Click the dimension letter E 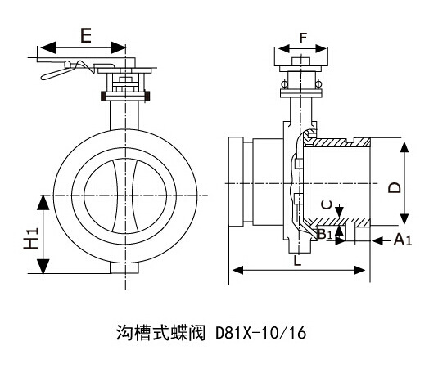point(84,34)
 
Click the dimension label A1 point(402,240)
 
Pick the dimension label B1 point(324,236)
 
